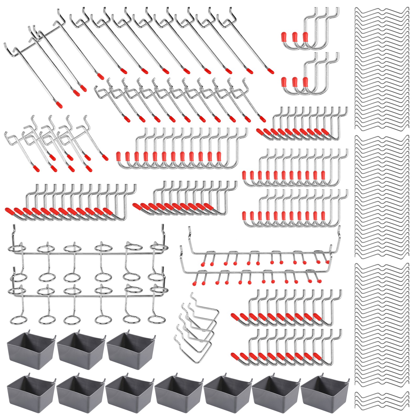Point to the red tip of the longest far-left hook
[x=60, y=105]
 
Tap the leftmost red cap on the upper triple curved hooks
[x=283, y=36]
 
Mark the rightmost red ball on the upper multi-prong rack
[x=327, y=262]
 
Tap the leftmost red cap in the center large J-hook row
[x=119, y=156]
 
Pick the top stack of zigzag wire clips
[x=382, y=68]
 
